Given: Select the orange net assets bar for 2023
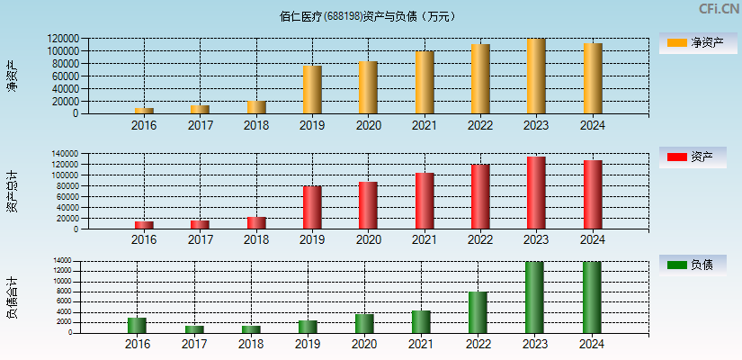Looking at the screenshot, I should point(536,76).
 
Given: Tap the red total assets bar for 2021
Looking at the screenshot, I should point(425,201).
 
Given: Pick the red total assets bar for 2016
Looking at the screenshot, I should point(144,225).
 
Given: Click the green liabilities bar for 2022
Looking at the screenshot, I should point(478,312).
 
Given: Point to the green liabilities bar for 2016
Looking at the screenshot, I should point(137,325).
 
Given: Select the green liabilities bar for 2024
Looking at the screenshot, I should point(592,297).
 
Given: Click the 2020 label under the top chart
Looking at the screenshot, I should point(368,125).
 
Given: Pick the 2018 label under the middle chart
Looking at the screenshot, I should point(256,239).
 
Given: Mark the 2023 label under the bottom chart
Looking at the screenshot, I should point(534,344).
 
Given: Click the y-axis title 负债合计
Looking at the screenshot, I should point(12,298).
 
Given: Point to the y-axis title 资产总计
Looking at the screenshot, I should point(12,191).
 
